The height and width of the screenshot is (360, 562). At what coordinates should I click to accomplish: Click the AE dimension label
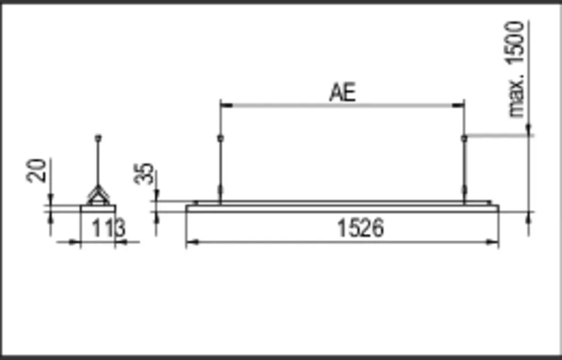click(x=342, y=93)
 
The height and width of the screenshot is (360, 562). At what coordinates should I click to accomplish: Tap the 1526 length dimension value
click(x=360, y=228)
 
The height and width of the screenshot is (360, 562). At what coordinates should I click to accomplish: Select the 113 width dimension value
click(x=108, y=228)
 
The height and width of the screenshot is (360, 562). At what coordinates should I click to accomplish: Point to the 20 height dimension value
click(x=37, y=171)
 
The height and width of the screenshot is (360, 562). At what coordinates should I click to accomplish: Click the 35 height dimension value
click(x=144, y=174)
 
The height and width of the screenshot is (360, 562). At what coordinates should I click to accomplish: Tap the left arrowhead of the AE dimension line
click(x=227, y=105)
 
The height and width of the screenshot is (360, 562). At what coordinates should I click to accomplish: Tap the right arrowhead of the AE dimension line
click(x=458, y=105)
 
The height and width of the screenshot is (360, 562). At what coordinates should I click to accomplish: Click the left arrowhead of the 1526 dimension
click(x=193, y=243)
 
